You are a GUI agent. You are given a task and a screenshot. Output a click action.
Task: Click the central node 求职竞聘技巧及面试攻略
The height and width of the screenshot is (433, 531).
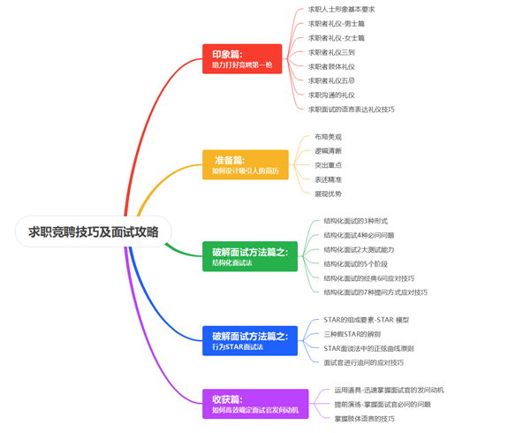pos(94,232)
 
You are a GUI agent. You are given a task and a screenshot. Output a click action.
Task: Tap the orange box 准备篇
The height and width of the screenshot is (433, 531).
pos(245,164)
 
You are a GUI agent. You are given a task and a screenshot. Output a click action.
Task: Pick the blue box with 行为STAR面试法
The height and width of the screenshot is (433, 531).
pos(249,341)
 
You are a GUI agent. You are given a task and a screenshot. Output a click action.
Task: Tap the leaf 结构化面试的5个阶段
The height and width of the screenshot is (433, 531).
pos(358,263)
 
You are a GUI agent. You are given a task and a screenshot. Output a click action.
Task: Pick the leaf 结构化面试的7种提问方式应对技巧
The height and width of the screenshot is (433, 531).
pos(375,292)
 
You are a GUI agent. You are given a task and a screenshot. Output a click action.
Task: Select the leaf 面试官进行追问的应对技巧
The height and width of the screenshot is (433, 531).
pos(364,361)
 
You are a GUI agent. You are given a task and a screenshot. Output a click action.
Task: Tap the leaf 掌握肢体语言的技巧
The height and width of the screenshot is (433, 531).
pos(364,418)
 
